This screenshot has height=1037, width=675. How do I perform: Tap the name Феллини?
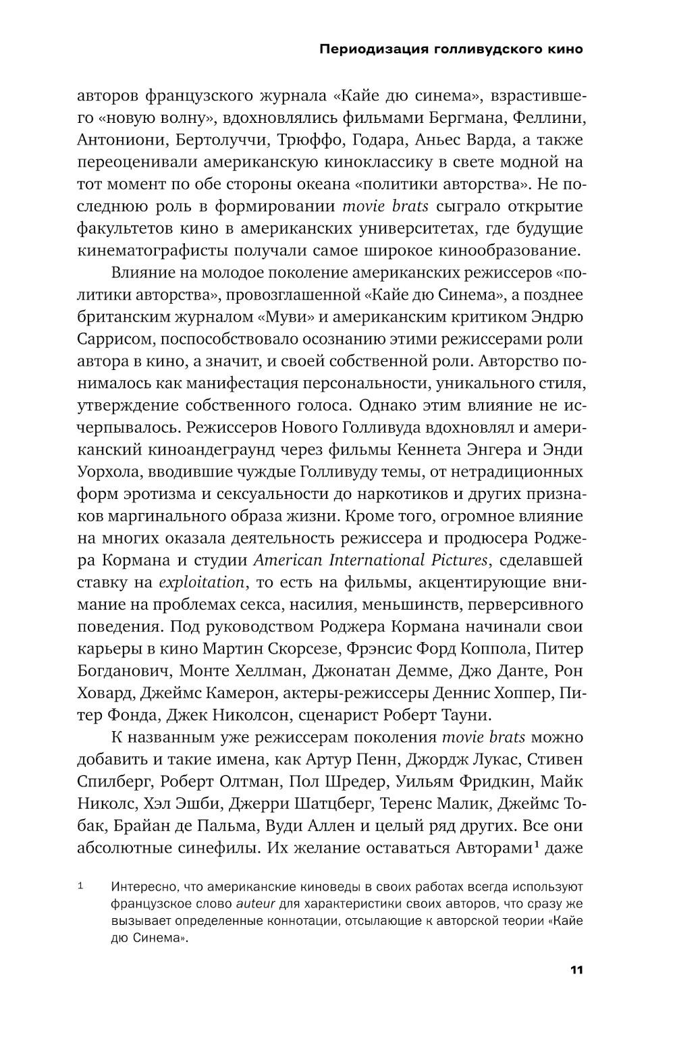point(547,119)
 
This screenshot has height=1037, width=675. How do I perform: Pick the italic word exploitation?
point(201,582)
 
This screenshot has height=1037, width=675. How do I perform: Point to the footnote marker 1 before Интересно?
point(80,886)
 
